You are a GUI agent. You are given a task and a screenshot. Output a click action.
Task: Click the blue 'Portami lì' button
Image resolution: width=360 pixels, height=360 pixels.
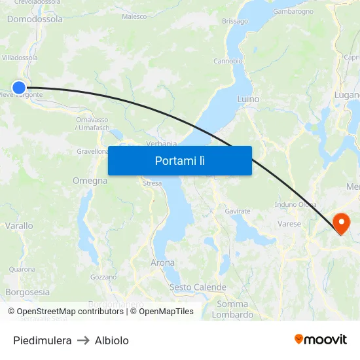click(x=179, y=160)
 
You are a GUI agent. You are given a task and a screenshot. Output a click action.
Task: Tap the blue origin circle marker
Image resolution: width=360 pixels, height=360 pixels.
click(x=19, y=87)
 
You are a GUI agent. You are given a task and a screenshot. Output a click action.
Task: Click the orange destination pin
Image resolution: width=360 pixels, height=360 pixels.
click(x=341, y=223)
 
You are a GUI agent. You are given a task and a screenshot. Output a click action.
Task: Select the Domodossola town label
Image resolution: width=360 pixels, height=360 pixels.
click(x=35, y=19)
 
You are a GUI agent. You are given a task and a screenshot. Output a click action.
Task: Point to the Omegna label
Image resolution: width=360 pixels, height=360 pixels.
click(x=90, y=181)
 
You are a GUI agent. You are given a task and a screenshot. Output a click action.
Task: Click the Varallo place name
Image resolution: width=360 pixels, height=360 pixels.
click(x=19, y=226)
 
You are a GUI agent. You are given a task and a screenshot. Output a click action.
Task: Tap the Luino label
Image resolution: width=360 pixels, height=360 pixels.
click(x=248, y=99)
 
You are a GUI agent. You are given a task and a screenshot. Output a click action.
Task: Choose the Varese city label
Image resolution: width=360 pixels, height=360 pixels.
click(x=289, y=224)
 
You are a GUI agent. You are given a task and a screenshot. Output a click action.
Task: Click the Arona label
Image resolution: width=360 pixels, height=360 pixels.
click(x=162, y=262)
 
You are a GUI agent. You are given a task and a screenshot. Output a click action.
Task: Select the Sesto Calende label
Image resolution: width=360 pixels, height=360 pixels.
click(x=198, y=287)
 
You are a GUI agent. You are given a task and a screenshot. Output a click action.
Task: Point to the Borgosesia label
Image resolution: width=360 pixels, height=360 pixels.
click(x=27, y=292)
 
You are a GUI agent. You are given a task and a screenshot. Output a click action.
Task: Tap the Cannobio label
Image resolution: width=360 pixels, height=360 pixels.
click(x=228, y=61)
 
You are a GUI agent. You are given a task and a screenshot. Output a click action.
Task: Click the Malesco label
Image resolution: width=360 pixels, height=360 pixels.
click(x=134, y=16)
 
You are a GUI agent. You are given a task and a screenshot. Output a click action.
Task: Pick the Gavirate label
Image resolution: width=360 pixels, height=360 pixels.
click(x=238, y=211)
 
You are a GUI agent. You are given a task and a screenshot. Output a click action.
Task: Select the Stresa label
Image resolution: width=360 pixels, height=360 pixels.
click(x=152, y=184)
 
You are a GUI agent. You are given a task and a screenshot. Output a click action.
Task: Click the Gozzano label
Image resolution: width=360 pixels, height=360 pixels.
click(x=103, y=277)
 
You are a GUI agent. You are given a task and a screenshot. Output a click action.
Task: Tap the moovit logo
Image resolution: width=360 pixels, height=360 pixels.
click(x=321, y=340)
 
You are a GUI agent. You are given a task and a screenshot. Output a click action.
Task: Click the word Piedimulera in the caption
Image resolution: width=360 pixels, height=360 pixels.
click(x=42, y=340)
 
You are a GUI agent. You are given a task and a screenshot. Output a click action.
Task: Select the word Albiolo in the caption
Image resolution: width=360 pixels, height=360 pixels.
click(x=112, y=340)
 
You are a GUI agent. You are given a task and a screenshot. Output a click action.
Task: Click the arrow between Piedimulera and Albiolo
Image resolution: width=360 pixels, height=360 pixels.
click(x=83, y=340)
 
